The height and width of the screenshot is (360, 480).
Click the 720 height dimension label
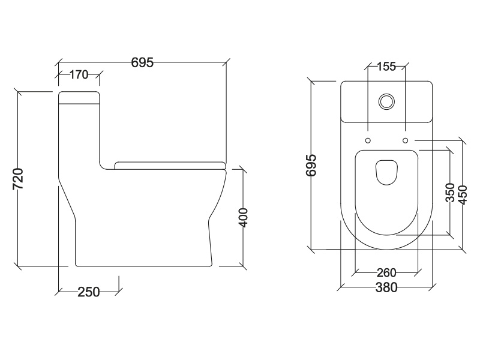tap(19, 179)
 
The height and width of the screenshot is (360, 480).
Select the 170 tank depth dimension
tap(79, 75)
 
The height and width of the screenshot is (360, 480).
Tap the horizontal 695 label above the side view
tap(143, 61)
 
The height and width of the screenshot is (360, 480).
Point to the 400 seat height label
tap(243, 217)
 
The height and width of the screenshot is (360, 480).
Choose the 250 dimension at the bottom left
tap(88, 292)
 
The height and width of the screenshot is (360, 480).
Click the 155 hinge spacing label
tap(386, 67)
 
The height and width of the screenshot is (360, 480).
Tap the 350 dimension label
tap(451, 193)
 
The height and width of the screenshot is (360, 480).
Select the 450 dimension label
tap(463, 193)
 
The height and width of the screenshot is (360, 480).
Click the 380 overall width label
tap(386, 287)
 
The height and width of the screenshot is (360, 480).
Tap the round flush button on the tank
tap(387, 101)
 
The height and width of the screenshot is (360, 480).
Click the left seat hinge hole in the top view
tap(367, 140)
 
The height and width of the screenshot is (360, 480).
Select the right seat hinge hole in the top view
tap(406, 140)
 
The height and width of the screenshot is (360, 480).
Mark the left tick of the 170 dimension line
tap(59, 75)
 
